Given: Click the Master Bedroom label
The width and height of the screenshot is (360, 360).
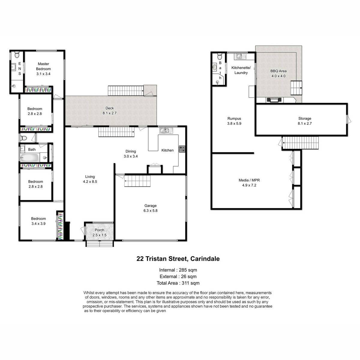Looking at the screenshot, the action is [43, 66].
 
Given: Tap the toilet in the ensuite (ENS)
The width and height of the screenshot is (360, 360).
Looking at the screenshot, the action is [17, 55].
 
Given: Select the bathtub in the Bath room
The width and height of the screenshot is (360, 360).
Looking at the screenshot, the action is [29, 158].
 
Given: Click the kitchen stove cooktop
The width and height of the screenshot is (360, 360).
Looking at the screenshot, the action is [182, 149].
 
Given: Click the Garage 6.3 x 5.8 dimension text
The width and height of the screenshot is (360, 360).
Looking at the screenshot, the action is [150, 211].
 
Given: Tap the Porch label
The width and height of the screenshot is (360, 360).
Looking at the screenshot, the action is [99, 230].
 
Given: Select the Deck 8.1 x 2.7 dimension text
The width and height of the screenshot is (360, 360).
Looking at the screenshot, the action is [109, 113].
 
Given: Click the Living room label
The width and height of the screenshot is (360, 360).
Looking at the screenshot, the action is [90, 176].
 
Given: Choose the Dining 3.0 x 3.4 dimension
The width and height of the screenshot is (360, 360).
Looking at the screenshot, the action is [130, 156].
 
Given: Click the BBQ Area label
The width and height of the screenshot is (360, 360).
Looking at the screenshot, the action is [278, 71].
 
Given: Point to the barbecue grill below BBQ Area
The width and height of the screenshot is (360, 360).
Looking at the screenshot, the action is [274, 100].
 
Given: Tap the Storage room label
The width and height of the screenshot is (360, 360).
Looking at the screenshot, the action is [305, 118].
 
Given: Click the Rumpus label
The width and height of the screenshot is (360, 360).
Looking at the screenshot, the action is [234, 118].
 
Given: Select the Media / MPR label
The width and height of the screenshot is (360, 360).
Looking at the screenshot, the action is [249, 180].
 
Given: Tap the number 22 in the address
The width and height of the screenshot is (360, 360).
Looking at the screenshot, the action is [140, 259].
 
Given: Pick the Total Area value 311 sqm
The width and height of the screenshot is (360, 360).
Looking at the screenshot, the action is [190, 283].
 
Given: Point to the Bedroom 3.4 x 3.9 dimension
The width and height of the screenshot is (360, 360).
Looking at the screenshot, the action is [38, 223].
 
